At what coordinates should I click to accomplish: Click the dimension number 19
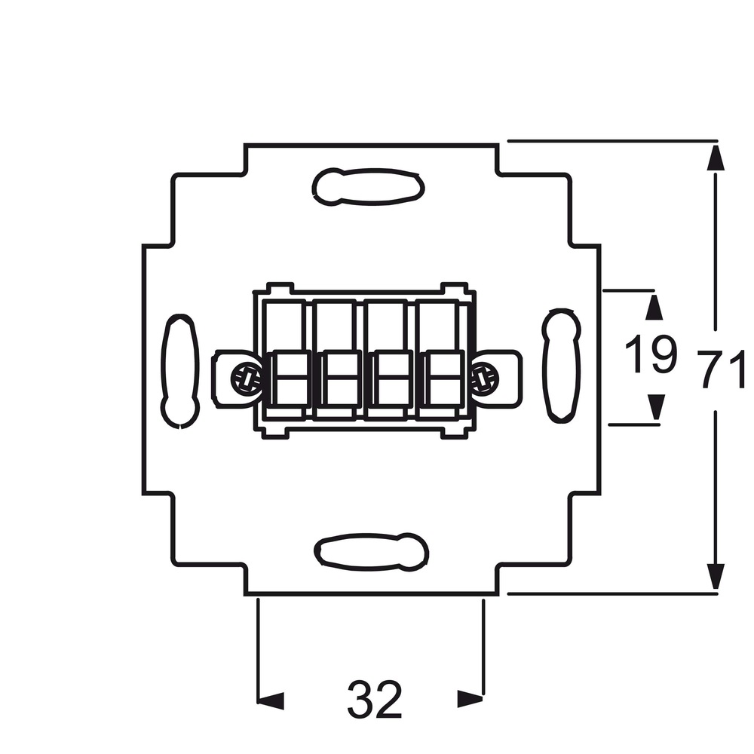coord(651,354)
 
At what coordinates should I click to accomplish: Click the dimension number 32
coord(374,699)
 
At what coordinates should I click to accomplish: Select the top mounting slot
coord(369,186)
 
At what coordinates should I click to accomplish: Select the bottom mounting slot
coord(371,552)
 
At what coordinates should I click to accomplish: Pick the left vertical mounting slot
coord(179,371)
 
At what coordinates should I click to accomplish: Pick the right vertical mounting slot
coord(561,366)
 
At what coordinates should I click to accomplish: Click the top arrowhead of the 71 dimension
coord(716,158)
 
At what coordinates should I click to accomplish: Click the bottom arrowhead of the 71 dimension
coord(716,577)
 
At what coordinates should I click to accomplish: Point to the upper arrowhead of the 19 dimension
coord(654,308)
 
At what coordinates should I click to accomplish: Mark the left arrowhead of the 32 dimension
coord(271,701)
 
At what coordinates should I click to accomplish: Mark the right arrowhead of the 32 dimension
coord(470,699)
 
